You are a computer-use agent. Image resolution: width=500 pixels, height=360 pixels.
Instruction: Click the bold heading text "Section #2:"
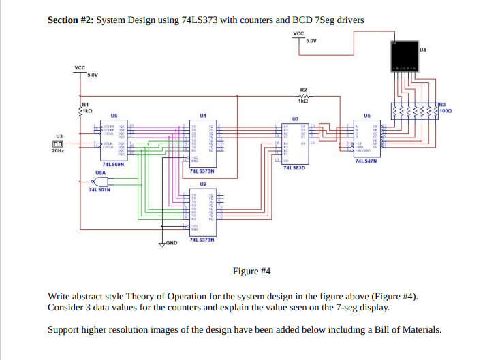70,20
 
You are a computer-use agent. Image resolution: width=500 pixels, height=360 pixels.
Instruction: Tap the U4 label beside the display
422,50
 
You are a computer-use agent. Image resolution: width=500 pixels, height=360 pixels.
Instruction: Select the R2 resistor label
304,89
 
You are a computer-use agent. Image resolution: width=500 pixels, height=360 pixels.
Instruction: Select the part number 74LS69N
112,164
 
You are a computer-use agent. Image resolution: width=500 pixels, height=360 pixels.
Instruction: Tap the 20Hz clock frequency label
58,150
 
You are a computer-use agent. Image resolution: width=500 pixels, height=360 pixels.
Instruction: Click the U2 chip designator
203,184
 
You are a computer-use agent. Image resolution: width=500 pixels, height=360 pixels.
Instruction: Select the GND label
171,243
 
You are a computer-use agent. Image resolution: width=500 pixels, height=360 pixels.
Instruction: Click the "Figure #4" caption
251,272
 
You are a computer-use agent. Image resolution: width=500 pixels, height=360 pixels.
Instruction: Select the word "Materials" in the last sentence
420,330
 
